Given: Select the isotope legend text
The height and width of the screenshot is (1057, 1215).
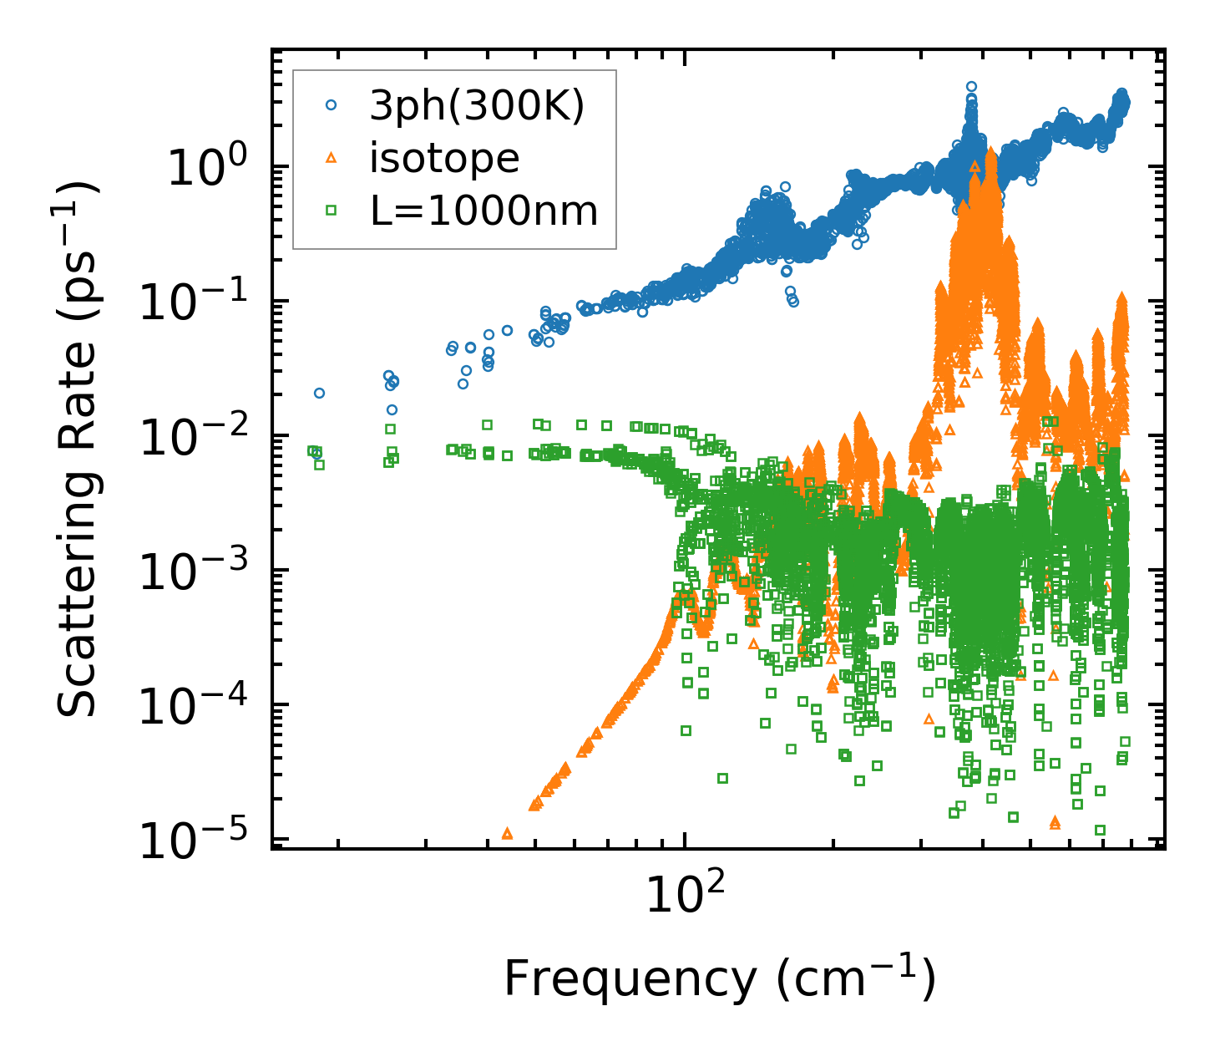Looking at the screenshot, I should click(444, 158).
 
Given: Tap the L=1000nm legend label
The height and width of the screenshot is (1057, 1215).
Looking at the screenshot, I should click(484, 211).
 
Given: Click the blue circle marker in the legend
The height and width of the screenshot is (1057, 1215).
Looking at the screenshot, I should click(331, 105).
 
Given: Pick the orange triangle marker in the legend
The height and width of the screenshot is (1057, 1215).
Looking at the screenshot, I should click(331, 158).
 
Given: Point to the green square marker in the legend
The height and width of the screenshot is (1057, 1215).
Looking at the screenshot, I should click(331, 211).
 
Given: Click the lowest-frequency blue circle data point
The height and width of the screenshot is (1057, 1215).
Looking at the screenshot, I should click(319, 393).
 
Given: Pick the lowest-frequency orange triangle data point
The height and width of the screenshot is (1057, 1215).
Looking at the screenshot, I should click(507, 833).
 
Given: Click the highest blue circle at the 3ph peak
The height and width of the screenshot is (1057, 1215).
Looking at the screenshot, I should click(971, 87).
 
